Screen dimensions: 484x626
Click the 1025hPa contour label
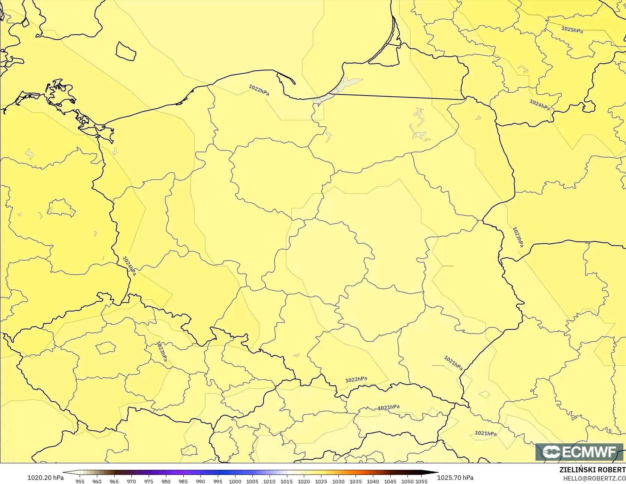[x=572, y=29]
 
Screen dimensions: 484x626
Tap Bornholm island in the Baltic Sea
[x=125, y=52]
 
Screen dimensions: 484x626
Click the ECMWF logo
[x=579, y=452]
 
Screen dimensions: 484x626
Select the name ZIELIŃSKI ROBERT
[x=592, y=470]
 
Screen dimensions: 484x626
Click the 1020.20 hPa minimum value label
[x=45, y=478]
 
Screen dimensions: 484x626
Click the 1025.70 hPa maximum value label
[x=455, y=478]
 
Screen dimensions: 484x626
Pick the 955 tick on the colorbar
[x=80, y=481]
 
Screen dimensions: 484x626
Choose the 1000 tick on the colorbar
[x=235, y=481]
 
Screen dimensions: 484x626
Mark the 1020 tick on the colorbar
[x=304, y=481]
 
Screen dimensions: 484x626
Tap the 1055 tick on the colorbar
[x=421, y=481]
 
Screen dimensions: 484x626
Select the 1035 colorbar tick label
[x=356, y=481]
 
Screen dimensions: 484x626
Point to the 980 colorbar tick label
[x=166, y=481]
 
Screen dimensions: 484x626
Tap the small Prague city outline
[x=106, y=348]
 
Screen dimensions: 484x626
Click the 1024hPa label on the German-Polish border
[x=130, y=266]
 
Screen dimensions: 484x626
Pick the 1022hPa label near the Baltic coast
[x=259, y=90]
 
